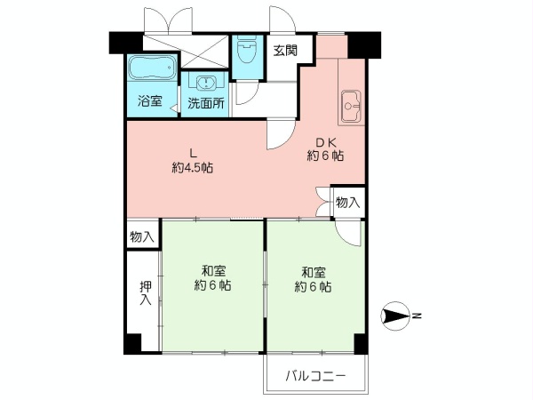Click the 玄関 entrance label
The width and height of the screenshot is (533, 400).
coord(285,51)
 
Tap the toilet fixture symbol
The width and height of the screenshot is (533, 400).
coord(248,52)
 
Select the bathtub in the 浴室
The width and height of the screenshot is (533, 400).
coord(152,68)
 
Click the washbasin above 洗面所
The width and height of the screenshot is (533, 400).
coord(205,82)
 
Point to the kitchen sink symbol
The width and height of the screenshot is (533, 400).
coord(351,106)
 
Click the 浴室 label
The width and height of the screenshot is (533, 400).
coord(150,101)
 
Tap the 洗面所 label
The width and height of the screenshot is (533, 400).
coord(206,103)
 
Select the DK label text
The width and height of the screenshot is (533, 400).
coord(326,141)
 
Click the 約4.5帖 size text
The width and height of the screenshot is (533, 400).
coord(193,168)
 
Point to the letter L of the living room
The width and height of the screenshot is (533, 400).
coord(193,154)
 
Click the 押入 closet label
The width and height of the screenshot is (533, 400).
coord(147,292)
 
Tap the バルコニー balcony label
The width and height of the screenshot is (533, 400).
coord(315,376)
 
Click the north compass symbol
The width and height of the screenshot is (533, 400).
coord(395,316)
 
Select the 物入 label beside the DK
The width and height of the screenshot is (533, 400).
coord(347,203)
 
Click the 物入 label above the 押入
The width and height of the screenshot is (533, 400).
coord(142,236)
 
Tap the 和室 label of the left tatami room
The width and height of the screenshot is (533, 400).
coord(213,271)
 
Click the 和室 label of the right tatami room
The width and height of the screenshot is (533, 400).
coord(314,273)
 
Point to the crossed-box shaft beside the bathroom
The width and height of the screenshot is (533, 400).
coord(204,52)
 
